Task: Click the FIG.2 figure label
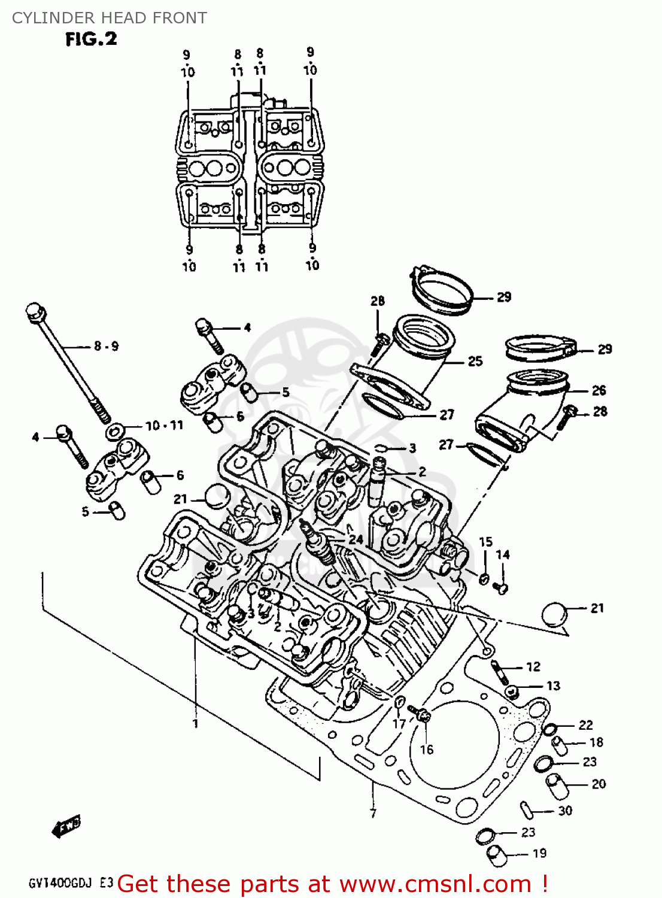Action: (91, 40)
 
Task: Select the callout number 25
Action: (475, 361)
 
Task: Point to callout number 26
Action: (599, 390)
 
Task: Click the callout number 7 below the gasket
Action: (373, 814)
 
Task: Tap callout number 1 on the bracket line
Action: (195, 723)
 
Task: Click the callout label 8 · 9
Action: (106, 346)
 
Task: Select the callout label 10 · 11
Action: (164, 426)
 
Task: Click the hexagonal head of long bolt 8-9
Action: (34, 311)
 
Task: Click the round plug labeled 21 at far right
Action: (554, 615)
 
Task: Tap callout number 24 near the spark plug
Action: (356, 539)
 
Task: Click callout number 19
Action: (539, 853)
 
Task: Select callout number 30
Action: (565, 811)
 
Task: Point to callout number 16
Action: (426, 750)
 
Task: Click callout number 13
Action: (553, 685)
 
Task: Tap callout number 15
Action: (485, 542)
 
